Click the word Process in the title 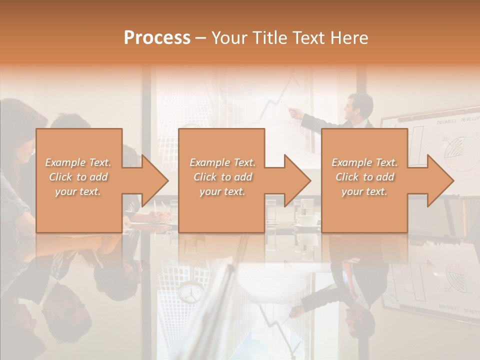pyautogui.click(x=157, y=37)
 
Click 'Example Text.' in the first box pyautogui.click(x=78, y=162)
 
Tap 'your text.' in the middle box pyautogui.click(x=222, y=191)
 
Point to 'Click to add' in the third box pyautogui.click(x=364, y=177)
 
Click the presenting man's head pyautogui.click(x=360, y=106)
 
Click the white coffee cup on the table pyautogui.click(x=306, y=220)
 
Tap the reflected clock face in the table pyautogui.click(x=190, y=292)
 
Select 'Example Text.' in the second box pyautogui.click(x=222, y=162)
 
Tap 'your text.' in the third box pyautogui.click(x=364, y=191)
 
